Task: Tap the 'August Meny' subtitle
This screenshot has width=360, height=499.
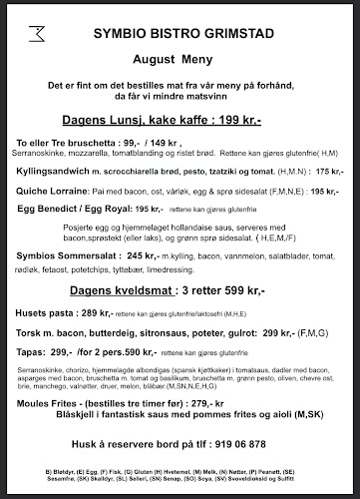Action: click(x=180, y=47)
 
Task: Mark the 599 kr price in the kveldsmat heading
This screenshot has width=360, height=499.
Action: click(x=251, y=294)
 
